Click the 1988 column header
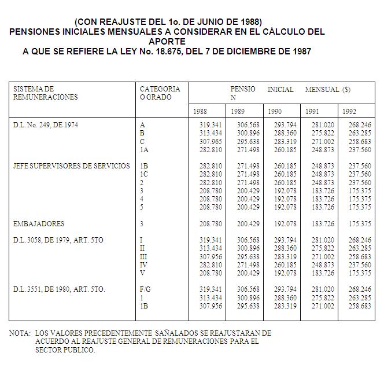(200, 111)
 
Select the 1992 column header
(349, 111)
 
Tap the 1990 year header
(275, 111)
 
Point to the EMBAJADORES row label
(39, 224)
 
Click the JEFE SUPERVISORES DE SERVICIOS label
(72, 166)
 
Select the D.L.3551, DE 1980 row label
(60, 289)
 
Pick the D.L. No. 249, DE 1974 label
(45, 124)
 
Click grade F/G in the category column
(145, 289)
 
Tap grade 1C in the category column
(144, 174)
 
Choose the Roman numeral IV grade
(143, 264)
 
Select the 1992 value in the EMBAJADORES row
(361, 224)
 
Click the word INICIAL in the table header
(280, 90)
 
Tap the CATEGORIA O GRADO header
(160, 93)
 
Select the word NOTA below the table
(20, 333)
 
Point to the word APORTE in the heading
(167, 42)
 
